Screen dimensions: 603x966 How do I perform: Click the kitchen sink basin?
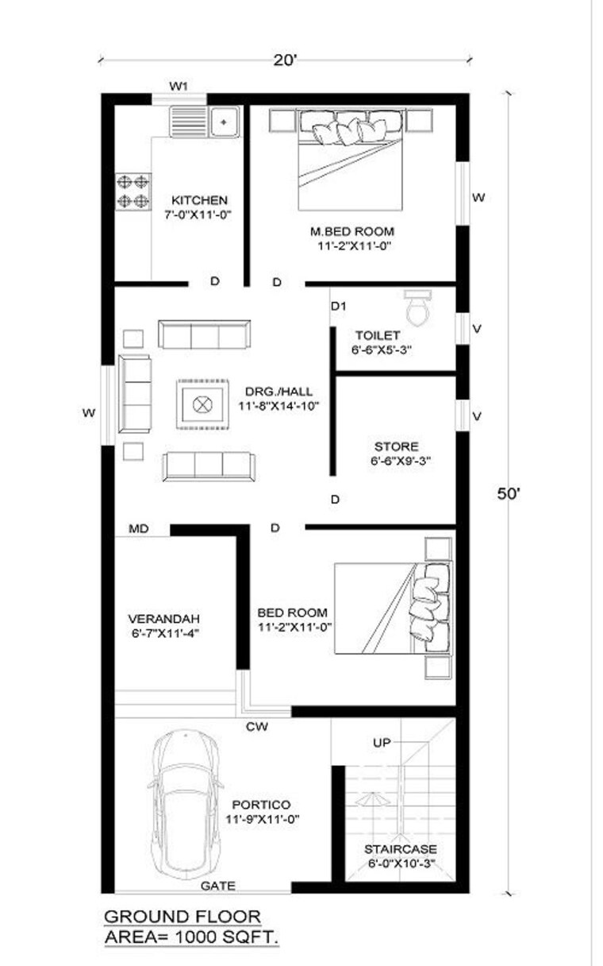[225, 122]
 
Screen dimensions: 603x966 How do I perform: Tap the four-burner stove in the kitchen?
[133, 192]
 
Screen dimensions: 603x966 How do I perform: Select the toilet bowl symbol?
[417, 307]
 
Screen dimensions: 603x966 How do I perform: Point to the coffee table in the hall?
[202, 404]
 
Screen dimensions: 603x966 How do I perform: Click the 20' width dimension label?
[285, 60]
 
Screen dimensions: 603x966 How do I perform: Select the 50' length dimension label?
[509, 494]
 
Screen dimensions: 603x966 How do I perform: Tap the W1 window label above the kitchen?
[179, 87]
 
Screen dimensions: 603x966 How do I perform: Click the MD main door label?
[139, 529]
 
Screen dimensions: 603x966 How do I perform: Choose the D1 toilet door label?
[339, 306]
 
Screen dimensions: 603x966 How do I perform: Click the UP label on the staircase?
[382, 743]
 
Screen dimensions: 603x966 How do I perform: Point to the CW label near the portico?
[257, 727]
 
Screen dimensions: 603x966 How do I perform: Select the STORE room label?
[396, 446]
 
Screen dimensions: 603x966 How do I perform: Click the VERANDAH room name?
[163, 619]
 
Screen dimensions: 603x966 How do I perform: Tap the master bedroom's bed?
[351, 160]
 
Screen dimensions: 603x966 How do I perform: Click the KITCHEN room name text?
[199, 200]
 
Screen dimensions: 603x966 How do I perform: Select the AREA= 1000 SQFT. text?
[192, 937]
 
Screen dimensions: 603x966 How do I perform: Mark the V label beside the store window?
[477, 416]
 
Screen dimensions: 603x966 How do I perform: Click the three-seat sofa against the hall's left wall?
[135, 394]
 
